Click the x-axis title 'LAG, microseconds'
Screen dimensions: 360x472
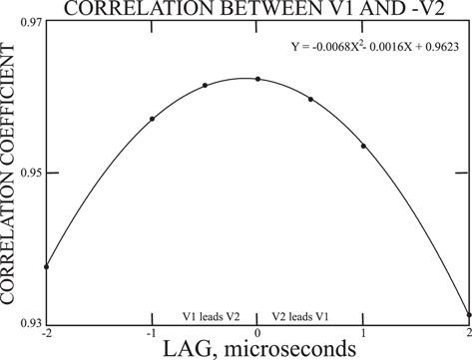pos(257,350)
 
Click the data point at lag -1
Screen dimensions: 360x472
pos(152,119)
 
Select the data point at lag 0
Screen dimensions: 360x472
pos(257,79)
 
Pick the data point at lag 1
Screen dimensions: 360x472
pos(363,146)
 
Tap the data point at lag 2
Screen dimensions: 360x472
pos(469,314)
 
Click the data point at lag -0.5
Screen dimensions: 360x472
pos(205,86)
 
